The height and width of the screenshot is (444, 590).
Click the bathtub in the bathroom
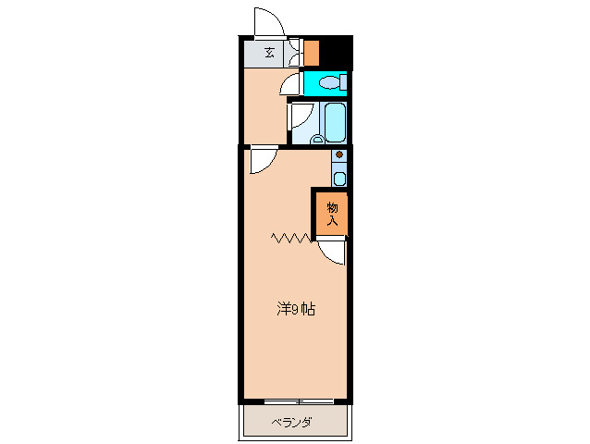point(334,120)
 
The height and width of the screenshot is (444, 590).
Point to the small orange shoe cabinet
point(312,52)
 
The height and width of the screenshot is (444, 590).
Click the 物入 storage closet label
point(333,214)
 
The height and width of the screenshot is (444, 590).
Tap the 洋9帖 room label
point(296,310)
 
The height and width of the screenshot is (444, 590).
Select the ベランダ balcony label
point(292,424)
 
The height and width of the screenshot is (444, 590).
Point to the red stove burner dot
point(339,154)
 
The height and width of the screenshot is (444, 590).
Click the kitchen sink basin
point(339,178)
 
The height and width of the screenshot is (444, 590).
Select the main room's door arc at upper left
point(261,161)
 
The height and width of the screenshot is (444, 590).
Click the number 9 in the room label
point(297,310)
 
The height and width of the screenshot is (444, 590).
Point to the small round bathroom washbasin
point(317,140)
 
